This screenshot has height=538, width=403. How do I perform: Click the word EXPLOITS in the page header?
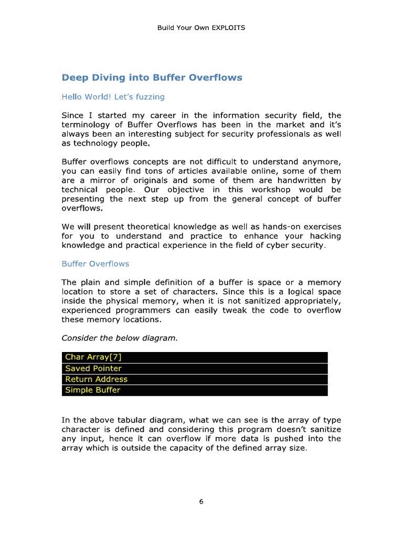pos(228,27)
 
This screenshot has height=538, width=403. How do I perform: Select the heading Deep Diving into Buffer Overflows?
pos(152,77)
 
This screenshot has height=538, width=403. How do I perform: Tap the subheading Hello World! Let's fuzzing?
pos(113,97)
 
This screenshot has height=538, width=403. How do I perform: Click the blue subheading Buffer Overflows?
pos(95,264)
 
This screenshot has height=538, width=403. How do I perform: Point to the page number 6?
pos(201,501)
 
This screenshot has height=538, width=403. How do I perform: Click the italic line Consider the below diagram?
pos(120,338)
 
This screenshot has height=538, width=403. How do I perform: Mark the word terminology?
pos(86,125)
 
